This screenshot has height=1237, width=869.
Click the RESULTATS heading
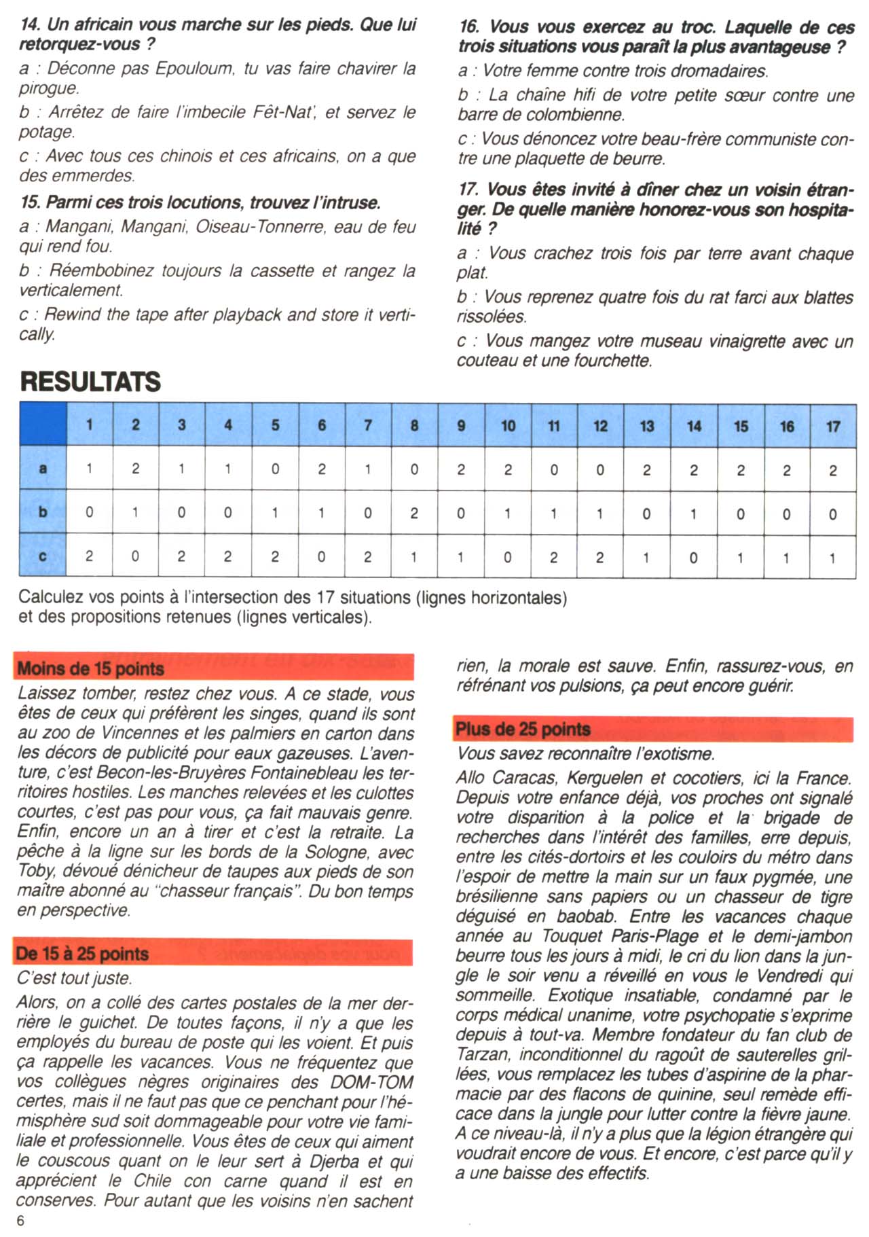point(90,382)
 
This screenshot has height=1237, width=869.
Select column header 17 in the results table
point(833,426)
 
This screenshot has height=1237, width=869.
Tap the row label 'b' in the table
point(43,512)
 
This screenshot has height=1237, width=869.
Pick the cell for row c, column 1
point(90,556)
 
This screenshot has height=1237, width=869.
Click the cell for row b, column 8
point(414,513)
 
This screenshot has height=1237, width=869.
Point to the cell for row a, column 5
point(275,469)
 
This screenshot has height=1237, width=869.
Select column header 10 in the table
point(508,426)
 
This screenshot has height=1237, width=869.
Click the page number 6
point(21,1220)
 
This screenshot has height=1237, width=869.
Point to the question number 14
point(31,25)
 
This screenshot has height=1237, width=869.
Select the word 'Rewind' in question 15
point(72,315)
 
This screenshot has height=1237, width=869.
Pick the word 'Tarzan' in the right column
point(483,1054)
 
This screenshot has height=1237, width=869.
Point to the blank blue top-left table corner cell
point(43,425)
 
